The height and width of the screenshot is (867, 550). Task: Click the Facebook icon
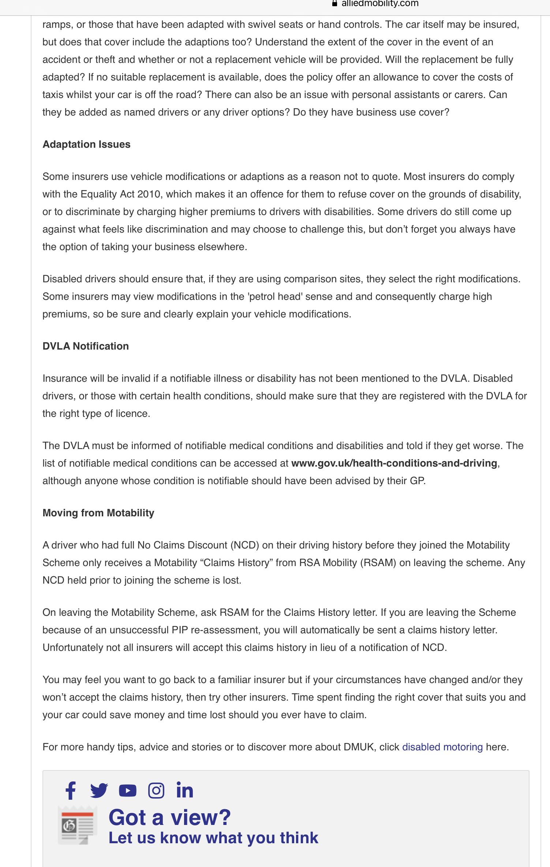point(70,791)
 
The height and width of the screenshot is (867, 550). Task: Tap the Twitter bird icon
point(99,790)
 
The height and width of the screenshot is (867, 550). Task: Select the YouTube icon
point(128,791)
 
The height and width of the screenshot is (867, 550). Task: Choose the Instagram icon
point(156,791)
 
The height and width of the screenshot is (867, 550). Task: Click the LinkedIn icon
point(185,790)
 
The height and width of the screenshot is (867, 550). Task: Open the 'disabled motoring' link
point(442,747)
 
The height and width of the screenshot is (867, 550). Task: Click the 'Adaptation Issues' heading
point(86,144)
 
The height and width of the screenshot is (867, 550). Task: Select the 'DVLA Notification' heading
point(86,346)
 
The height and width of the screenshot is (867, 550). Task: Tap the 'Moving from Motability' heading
point(98,513)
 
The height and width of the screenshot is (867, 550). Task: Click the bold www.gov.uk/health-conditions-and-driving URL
point(394,463)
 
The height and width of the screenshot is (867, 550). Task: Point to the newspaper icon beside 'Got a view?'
point(77,825)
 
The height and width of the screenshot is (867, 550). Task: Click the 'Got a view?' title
point(170,817)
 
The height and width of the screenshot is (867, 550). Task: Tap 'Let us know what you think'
point(213,838)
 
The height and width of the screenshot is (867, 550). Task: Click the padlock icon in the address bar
point(334,4)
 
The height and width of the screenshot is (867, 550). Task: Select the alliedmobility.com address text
point(380,4)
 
